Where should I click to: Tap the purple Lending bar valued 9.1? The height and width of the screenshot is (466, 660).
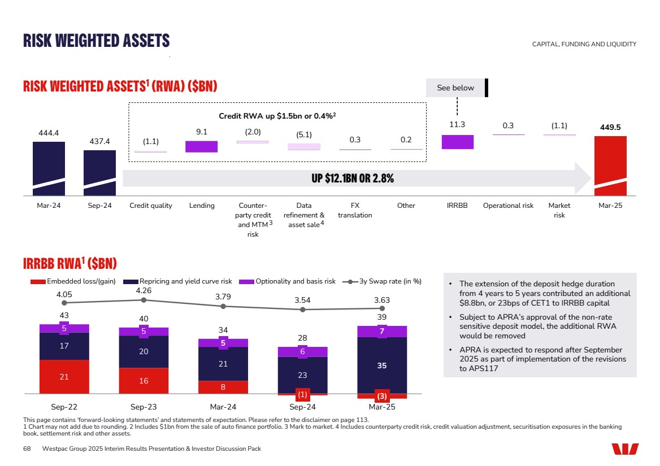pos(201,146)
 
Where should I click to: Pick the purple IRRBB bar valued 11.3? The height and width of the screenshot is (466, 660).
pos(457,142)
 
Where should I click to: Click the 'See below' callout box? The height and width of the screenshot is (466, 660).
pos(455,88)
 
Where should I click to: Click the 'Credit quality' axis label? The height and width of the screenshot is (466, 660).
pos(151,206)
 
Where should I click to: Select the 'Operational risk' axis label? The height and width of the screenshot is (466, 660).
pos(508,206)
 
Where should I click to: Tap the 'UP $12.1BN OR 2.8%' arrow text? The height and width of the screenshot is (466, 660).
pos(353,178)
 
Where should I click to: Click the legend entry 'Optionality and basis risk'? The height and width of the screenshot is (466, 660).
pos(295,281)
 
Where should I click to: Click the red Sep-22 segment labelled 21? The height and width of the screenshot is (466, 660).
pos(64,376)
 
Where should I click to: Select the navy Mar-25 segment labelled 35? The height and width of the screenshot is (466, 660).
pos(382,365)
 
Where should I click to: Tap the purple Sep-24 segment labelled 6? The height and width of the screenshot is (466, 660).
pos(303,352)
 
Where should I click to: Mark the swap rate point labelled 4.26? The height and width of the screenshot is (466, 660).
pos(144,300)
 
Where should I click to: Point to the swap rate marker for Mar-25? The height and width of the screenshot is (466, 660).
pos(382,308)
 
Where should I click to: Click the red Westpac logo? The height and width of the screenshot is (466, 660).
pos(625,448)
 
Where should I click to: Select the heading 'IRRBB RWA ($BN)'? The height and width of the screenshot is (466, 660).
pos(70,263)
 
